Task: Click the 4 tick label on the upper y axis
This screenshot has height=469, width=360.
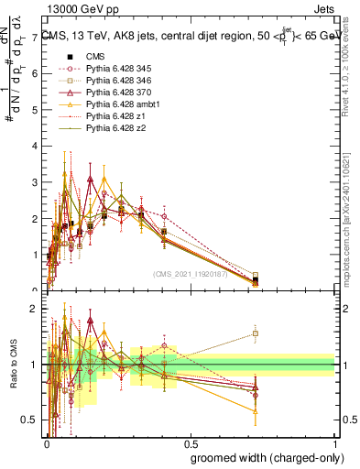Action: pyautogui.click(x=34, y=147)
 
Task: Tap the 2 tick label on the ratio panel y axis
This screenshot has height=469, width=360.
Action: pyautogui.click(x=34, y=310)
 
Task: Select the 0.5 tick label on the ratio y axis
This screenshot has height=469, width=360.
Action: pyautogui.click(x=30, y=420)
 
